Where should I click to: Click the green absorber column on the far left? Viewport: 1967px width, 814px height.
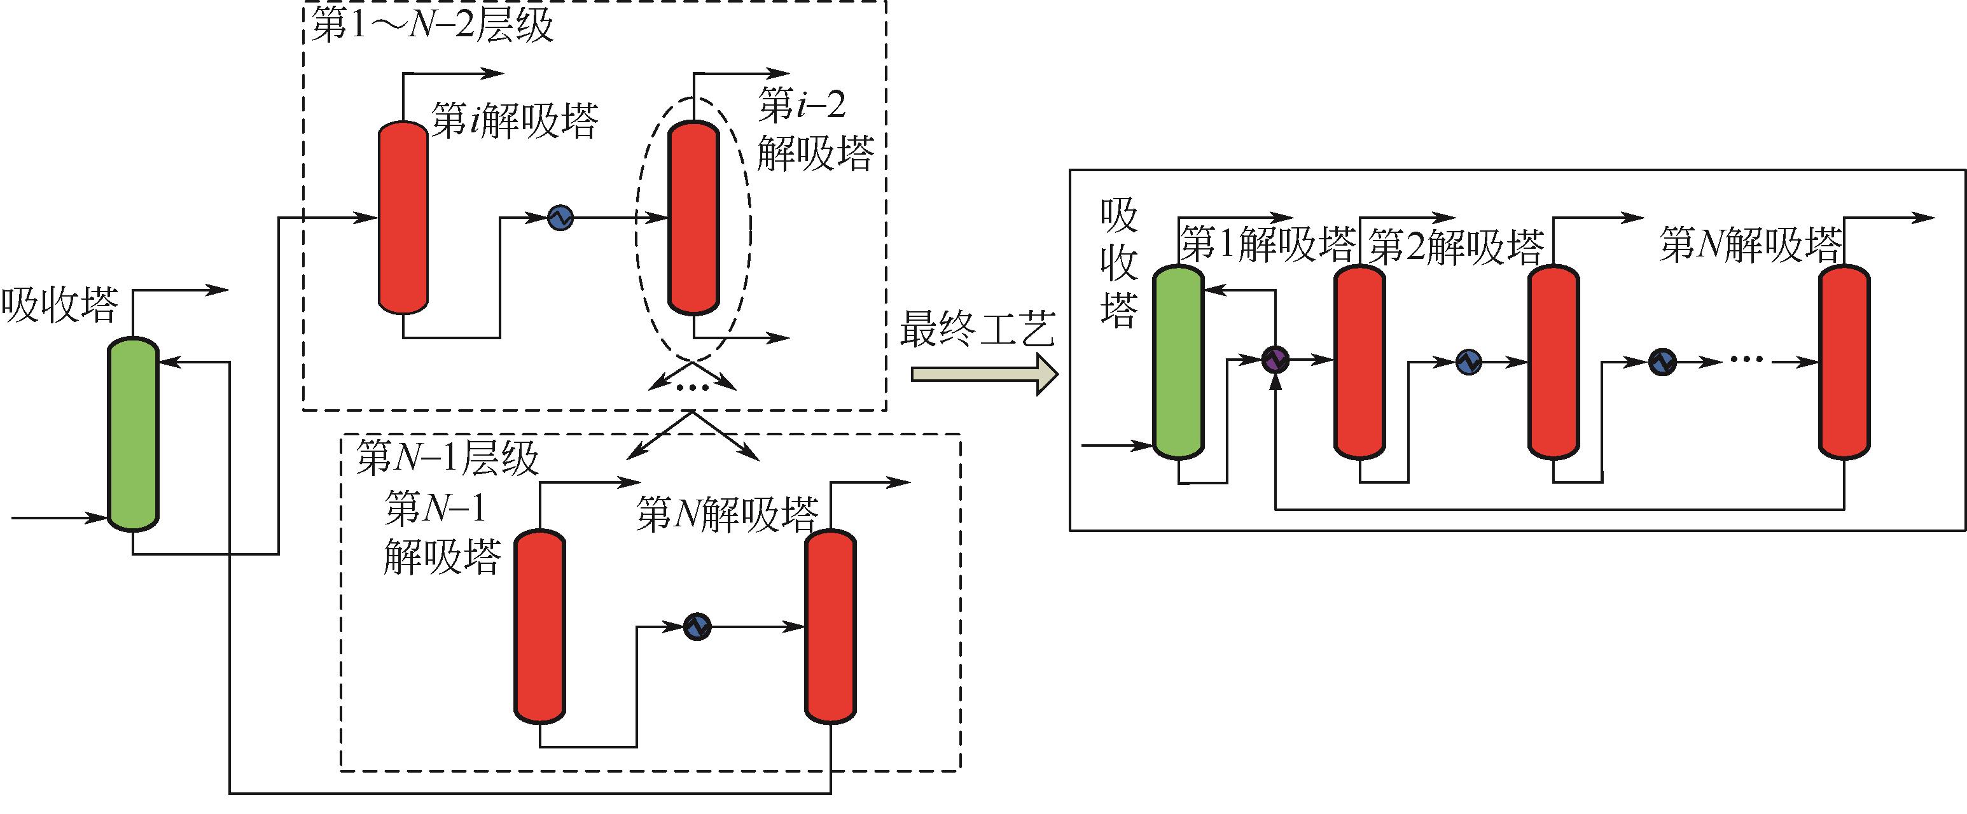pos(133,433)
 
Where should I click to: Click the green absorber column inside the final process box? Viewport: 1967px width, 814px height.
pos(1178,362)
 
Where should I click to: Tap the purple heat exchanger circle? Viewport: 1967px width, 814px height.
pos(1274,359)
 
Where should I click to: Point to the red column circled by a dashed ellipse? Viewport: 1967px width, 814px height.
pos(693,218)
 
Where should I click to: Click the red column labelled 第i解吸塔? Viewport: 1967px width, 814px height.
pos(403,218)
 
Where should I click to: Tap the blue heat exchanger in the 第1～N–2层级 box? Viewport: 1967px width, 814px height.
pos(560,218)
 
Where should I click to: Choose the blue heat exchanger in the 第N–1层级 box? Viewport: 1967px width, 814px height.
pos(697,627)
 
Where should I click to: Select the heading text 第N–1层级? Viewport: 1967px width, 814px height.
pos(447,458)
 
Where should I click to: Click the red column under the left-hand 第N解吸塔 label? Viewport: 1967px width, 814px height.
pos(831,626)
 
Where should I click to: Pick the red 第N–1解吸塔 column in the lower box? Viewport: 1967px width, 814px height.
pos(539,626)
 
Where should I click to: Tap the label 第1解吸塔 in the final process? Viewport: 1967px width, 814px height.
pos(1267,244)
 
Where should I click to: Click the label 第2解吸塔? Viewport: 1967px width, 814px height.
pos(1456,246)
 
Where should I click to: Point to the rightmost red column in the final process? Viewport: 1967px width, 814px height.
pos(1844,362)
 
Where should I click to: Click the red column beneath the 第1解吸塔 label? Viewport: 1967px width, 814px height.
pos(1359,362)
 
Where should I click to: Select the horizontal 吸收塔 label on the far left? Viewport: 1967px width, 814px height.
pos(60,305)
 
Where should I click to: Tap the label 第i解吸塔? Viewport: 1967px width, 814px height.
pos(514,121)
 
